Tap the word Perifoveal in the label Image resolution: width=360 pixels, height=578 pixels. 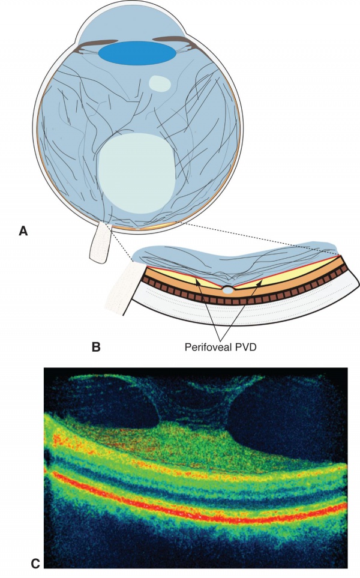pos(205,346)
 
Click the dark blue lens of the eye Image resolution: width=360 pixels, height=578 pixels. pos(137,53)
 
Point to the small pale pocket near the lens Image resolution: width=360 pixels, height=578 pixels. pos(159,83)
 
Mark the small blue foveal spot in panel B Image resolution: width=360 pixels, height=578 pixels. pos(229,290)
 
